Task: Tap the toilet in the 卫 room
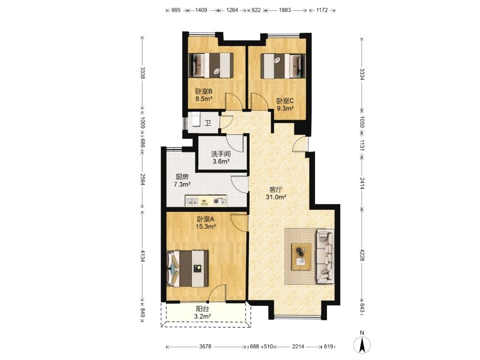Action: [195, 119]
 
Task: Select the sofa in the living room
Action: [325, 256]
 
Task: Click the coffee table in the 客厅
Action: [301, 257]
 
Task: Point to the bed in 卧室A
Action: [187, 269]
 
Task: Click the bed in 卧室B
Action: [211, 65]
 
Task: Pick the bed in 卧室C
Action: [283, 66]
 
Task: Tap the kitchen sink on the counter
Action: [191, 201]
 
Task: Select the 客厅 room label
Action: [276, 190]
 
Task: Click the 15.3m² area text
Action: [206, 227]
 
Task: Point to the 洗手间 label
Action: [221, 154]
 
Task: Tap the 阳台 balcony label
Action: [202, 309]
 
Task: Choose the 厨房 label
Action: [182, 177]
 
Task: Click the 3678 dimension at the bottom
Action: [205, 347]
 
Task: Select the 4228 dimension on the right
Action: [362, 255]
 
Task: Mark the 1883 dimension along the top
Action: [285, 10]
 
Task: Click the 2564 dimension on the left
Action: [143, 179]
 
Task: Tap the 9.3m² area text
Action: [285, 108]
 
